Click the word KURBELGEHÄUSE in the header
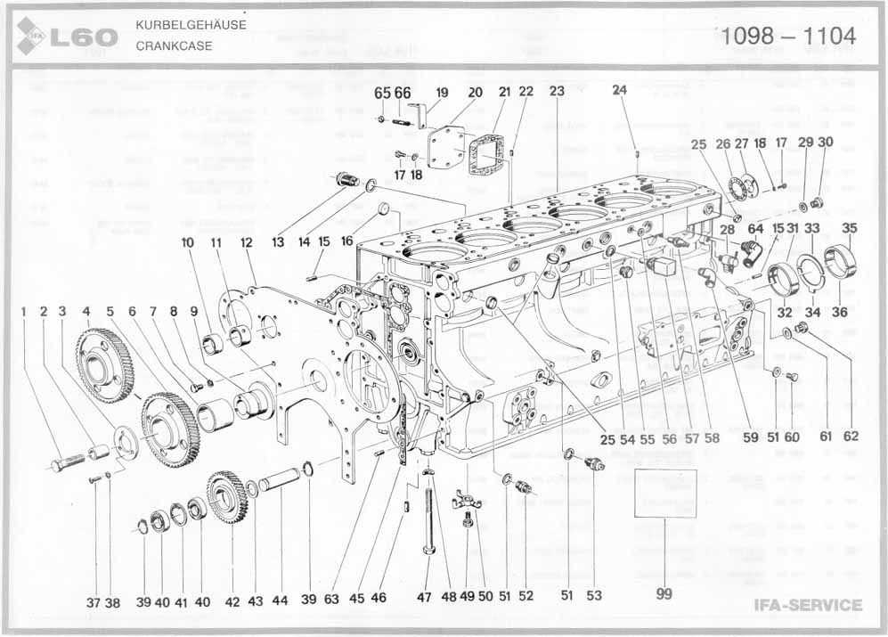(191, 24)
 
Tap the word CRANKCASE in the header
(174, 45)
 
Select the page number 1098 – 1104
(789, 36)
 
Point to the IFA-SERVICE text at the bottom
(808, 606)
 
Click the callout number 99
(664, 595)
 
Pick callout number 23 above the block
(557, 92)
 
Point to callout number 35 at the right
(850, 228)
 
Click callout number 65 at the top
(382, 92)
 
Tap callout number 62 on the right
(851, 437)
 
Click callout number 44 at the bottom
(280, 601)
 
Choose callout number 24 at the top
(619, 89)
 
